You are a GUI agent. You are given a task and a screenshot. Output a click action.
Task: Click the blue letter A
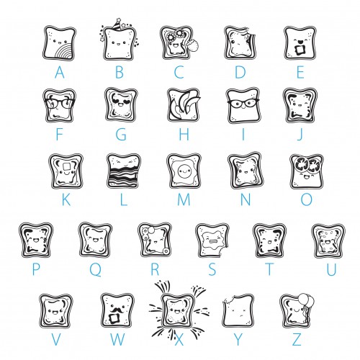point(60,73)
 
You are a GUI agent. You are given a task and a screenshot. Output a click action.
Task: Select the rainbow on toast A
point(64,51)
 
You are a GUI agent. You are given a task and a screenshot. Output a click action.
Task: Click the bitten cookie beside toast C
point(194,45)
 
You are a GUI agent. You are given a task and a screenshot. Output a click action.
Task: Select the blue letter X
point(179,340)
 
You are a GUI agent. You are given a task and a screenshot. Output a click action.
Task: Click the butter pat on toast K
point(66,166)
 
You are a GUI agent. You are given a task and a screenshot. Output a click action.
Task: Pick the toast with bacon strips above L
point(124,171)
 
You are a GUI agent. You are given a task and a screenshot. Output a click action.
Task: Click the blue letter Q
point(96,269)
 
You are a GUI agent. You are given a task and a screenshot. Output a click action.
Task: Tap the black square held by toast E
point(300,50)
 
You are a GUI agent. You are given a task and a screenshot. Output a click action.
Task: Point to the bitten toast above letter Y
point(238,311)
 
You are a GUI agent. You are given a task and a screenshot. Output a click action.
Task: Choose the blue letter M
point(184,199)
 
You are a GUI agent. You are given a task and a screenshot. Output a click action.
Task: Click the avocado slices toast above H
point(184,105)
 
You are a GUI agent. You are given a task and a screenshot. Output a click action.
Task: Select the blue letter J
point(300,135)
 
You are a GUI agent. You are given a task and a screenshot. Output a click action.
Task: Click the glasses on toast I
point(243,104)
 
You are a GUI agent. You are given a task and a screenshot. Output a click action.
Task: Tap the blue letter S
point(212,269)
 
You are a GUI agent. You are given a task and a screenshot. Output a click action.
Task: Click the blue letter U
point(331,269)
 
